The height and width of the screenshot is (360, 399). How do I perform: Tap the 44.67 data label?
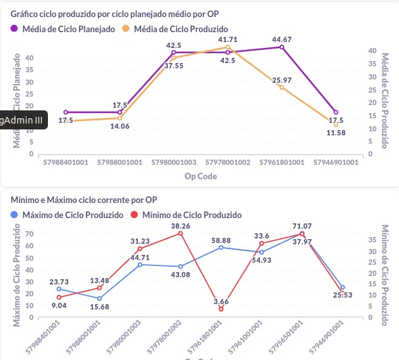pos(282,39)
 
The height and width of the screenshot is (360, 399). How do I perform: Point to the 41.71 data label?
pos(228,40)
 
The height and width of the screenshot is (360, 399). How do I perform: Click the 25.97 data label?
pos(282,79)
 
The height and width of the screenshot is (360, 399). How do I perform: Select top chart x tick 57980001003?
pos(174,162)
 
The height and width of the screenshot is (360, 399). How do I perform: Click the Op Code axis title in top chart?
pos(201,175)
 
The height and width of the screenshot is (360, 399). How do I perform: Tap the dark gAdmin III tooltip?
pos(22,120)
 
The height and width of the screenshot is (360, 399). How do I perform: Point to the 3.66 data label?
pos(221,302)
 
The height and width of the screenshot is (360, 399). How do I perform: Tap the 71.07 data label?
pos(302,226)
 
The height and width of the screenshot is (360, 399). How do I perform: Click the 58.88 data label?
pos(221,240)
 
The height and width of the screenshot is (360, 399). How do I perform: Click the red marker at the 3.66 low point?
pos(221,309)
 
